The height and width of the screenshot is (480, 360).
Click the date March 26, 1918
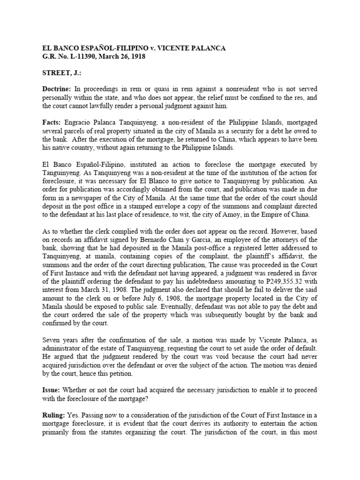pyautogui.click(x=122, y=56)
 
